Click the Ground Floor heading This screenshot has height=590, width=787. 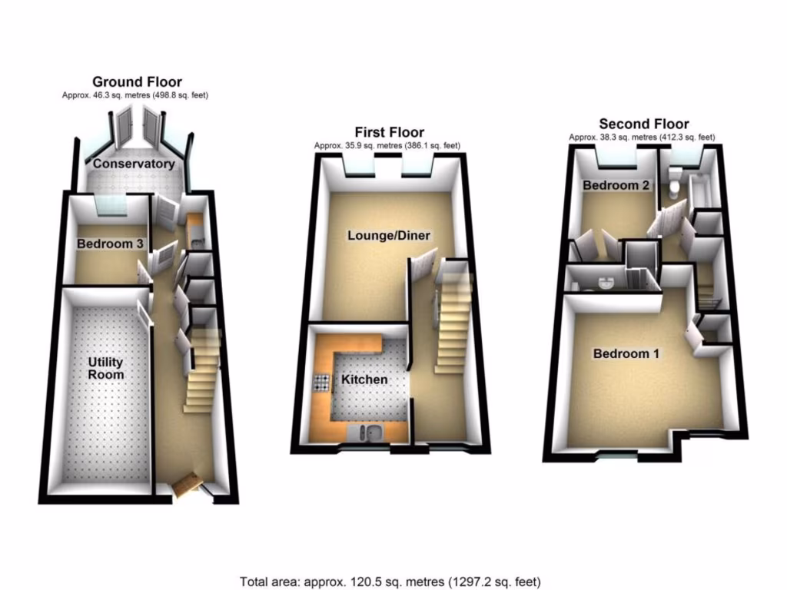click(x=137, y=81)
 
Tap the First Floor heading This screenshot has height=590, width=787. click(x=389, y=133)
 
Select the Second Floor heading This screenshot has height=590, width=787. click(x=643, y=124)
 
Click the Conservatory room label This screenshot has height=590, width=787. click(x=134, y=164)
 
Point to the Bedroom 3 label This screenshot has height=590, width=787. click(x=110, y=244)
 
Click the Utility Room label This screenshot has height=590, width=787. click(x=106, y=368)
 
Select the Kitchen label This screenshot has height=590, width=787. click(x=364, y=380)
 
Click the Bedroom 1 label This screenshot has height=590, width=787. click(x=626, y=354)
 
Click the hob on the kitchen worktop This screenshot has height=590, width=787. click(x=320, y=382)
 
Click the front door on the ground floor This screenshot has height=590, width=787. click(x=188, y=486)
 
